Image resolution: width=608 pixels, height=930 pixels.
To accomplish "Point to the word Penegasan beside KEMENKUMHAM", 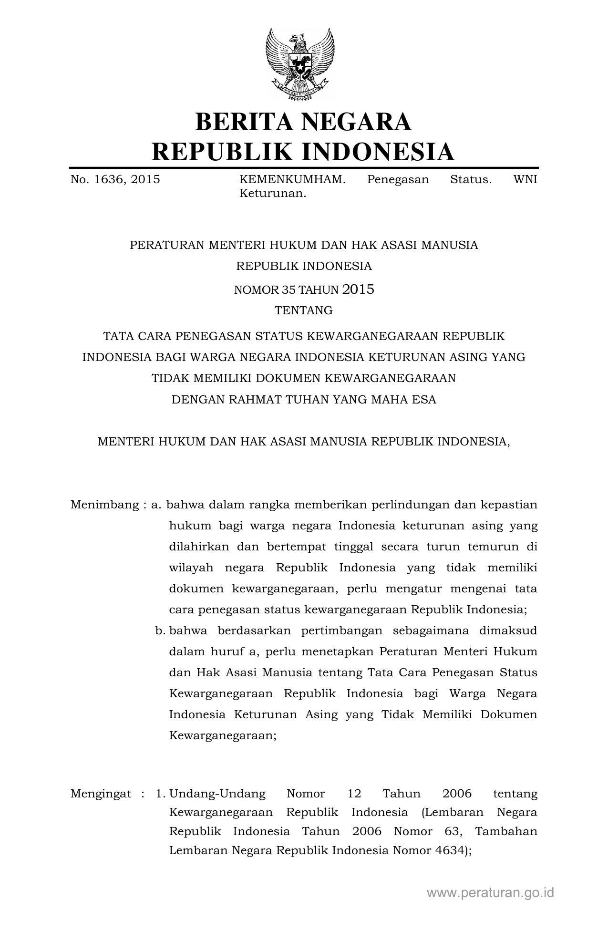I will [398, 179].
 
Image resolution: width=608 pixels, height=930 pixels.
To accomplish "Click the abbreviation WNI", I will [525, 179].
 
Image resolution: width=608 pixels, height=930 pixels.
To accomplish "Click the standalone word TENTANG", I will [304, 310].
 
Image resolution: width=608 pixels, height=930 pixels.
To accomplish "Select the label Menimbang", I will [104, 505].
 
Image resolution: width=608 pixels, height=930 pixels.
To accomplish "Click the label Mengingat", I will [101, 794].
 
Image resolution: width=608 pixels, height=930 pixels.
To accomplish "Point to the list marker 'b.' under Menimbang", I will [160, 630].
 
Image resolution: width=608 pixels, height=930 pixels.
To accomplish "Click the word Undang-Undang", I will [217, 794].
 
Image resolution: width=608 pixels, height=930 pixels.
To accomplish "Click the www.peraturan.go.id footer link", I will [490, 893].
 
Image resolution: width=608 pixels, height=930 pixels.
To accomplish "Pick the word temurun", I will [493, 547].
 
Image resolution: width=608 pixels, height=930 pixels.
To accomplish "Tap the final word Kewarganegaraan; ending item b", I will [223, 735].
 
